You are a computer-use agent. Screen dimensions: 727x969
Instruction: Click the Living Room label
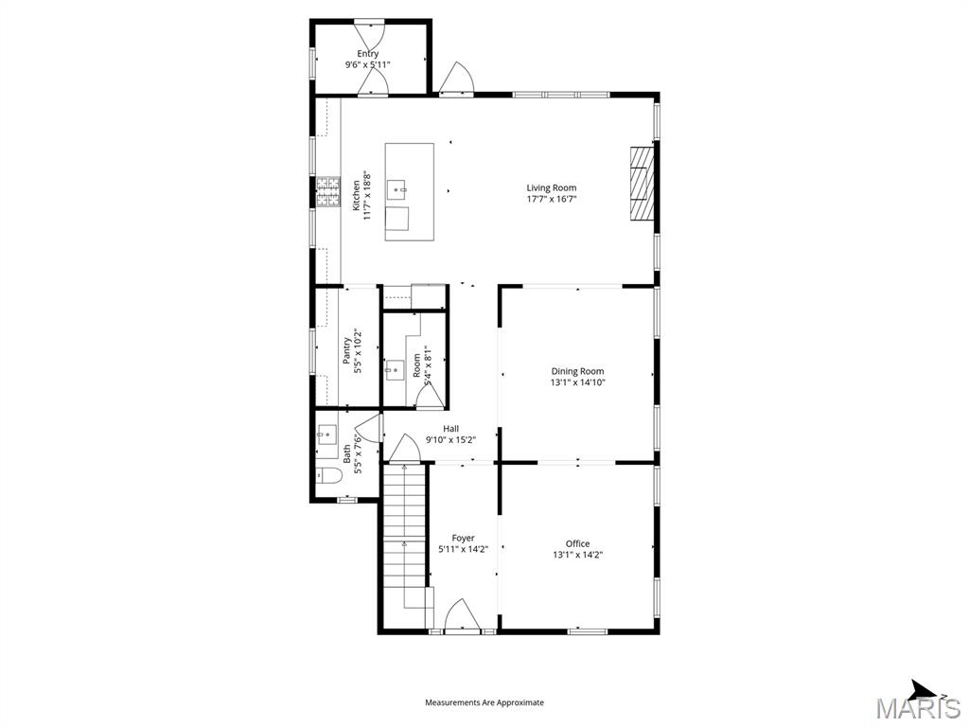click(x=551, y=187)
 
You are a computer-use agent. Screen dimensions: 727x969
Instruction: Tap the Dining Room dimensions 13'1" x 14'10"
click(x=577, y=383)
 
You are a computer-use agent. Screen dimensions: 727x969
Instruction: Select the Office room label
click(x=577, y=543)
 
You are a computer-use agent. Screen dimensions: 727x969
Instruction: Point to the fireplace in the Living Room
click(x=643, y=184)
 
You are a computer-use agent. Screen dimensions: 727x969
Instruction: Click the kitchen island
click(x=409, y=192)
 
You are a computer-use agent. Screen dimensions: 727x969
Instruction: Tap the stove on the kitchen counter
click(x=327, y=192)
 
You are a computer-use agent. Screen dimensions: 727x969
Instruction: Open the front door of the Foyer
click(x=463, y=616)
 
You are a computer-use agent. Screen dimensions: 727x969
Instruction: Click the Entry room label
click(x=367, y=54)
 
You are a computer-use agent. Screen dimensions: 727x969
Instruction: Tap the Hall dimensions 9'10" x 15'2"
click(x=450, y=439)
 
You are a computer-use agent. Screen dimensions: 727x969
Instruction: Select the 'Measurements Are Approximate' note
click(x=484, y=702)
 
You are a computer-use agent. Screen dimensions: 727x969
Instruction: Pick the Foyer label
click(x=463, y=538)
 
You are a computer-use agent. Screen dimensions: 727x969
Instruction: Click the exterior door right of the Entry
click(x=456, y=80)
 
